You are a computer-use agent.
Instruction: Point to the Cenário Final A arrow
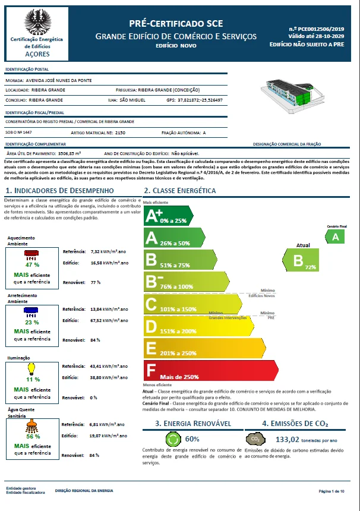coord(336,236)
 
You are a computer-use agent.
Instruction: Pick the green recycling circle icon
coord(172,439)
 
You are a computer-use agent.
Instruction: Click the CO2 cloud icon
coord(255,439)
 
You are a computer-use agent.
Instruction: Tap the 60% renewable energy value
coord(192,439)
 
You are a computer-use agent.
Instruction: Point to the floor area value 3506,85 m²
coord(69,153)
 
